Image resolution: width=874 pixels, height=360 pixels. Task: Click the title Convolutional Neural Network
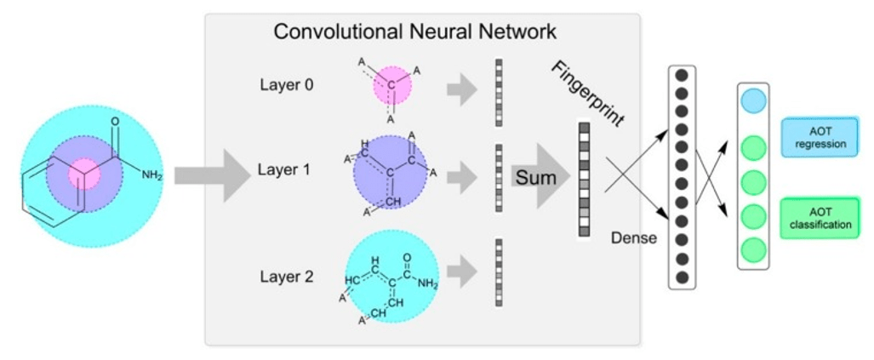tap(414, 32)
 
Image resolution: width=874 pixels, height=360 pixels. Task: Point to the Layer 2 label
tap(286, 277)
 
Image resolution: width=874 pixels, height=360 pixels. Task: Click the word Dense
tap(634, 238)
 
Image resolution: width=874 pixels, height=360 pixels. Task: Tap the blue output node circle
tap(753, 100)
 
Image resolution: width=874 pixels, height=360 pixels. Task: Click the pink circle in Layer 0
tap(391, 85)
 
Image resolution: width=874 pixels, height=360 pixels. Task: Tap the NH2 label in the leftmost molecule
tap(151, 175)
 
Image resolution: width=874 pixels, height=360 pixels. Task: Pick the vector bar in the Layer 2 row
tap(499, 272)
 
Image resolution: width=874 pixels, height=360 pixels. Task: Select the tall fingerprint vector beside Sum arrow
tap(584, 179)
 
